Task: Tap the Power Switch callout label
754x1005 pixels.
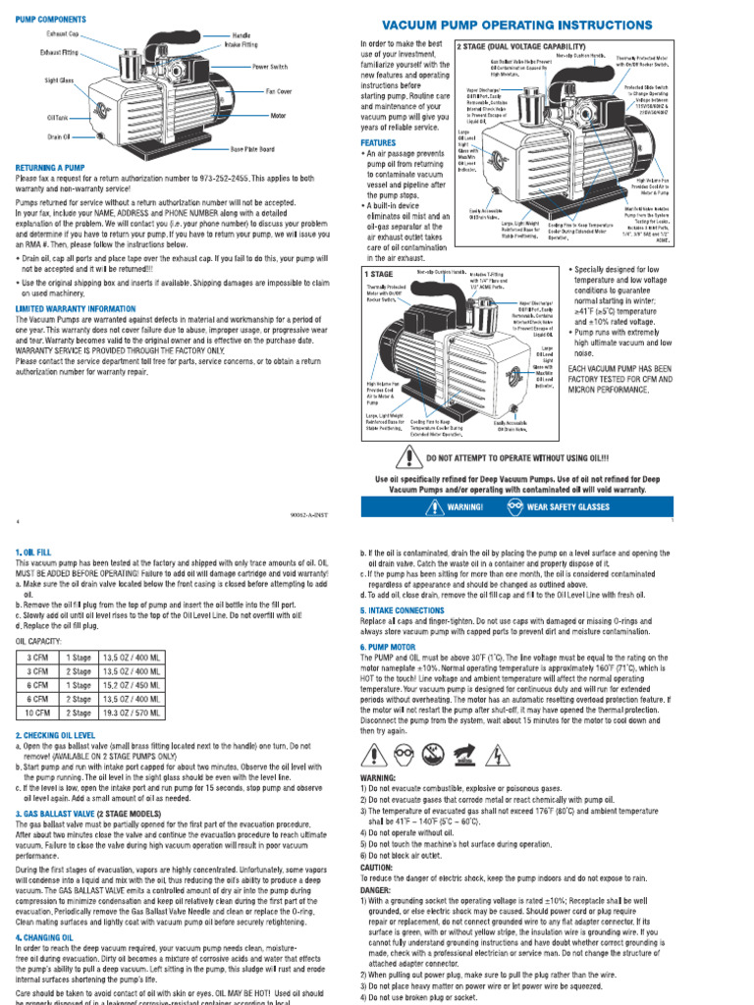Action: coord(270,67)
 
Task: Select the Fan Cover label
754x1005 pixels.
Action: coord(279,91)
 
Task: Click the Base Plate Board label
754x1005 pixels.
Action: coord(253,148)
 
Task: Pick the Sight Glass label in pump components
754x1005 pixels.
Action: coord(58,79)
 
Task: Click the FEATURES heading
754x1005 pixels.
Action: coord(378,142)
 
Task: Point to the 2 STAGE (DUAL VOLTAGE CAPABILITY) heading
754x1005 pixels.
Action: coord(521,46)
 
